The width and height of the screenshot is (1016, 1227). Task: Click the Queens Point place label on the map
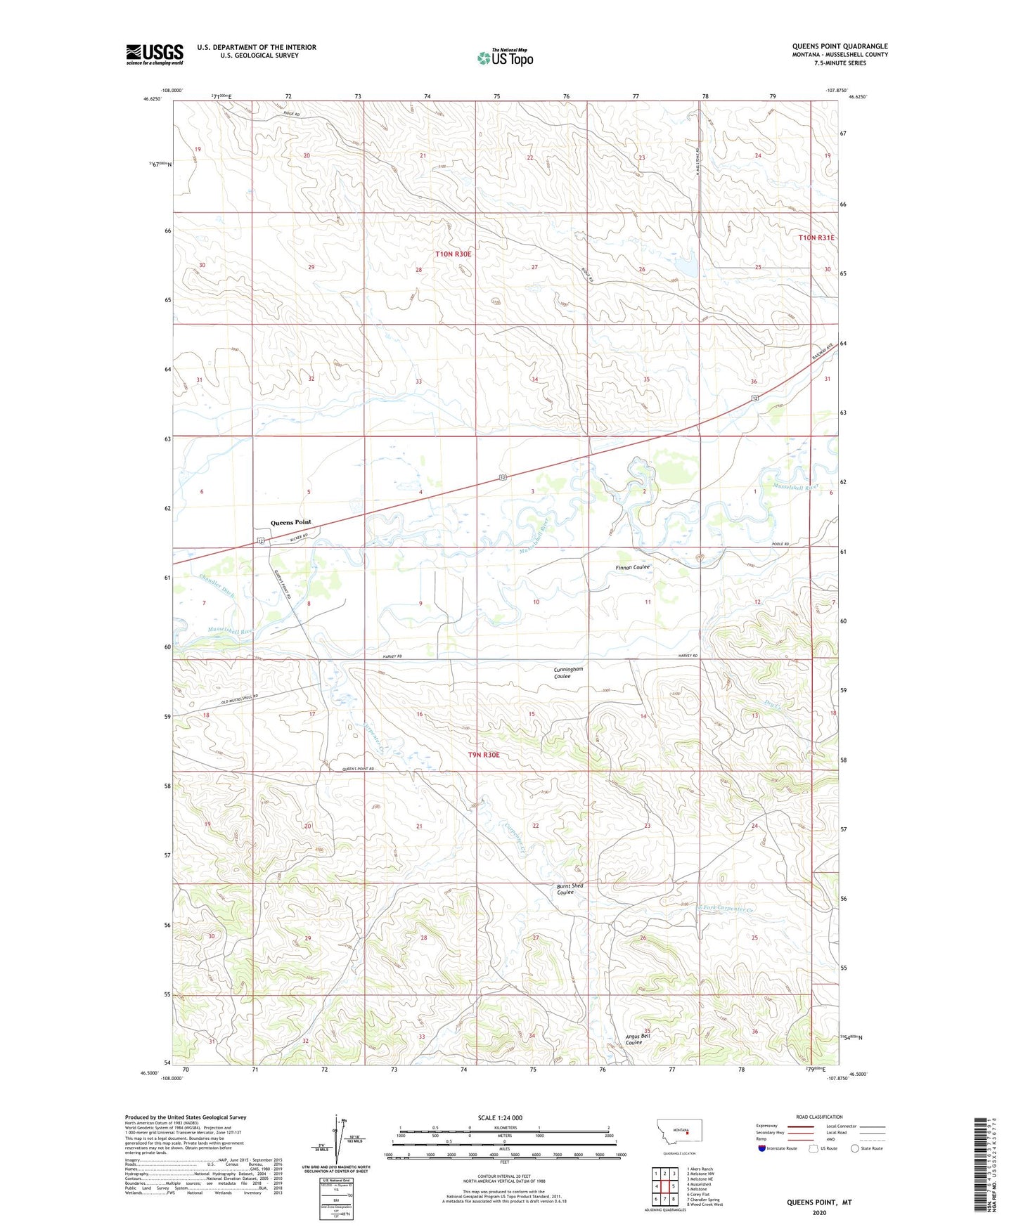[x=290, y=522]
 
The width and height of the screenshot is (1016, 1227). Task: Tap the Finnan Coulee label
[x=633, y=567]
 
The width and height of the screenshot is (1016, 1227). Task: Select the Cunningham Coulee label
[x=568, y=673]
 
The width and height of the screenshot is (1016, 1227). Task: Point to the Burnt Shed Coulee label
[x=570, y=889]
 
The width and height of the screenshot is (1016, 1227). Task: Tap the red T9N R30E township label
[x=484, y=755]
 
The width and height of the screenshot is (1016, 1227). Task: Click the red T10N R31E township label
[x=816, y=238]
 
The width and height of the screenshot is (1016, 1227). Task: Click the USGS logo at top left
[x=154, y=54]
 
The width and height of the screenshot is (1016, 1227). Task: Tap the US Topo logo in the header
[x=505, y=58]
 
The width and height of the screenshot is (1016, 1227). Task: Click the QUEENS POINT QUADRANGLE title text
[x=840, y=46]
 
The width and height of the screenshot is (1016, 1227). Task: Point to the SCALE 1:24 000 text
[x=500, y=1117]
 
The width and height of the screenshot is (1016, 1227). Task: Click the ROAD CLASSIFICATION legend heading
[x=819, y=1117]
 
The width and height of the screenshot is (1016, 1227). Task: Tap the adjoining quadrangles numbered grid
[x=664, y=1186]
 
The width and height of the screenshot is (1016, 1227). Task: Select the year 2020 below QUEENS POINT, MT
[x=818, y=1212]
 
